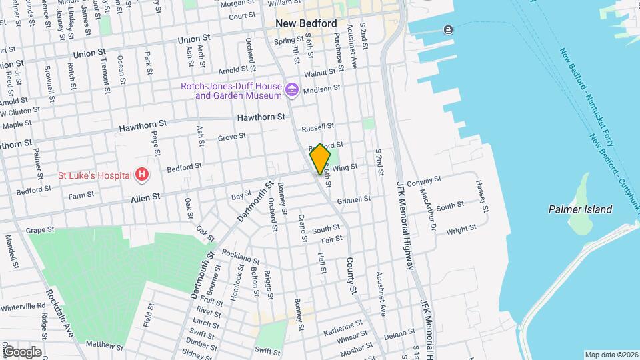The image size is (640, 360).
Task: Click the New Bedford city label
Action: (306, 23)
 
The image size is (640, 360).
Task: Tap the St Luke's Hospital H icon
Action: (141, 175)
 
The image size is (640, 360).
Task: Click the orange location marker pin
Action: (320, 159)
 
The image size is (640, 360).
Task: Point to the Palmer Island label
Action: (580, 209)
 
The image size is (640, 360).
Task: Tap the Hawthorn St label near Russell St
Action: (261, 117)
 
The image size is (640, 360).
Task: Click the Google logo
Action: (22, 352)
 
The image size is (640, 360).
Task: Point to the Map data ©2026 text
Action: (611, 355)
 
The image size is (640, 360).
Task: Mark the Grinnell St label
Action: (353, 199)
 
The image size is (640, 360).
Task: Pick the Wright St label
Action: (461, 229)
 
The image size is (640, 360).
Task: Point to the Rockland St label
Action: (241, 256)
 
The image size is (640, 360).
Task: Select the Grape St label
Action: (39, 230)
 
